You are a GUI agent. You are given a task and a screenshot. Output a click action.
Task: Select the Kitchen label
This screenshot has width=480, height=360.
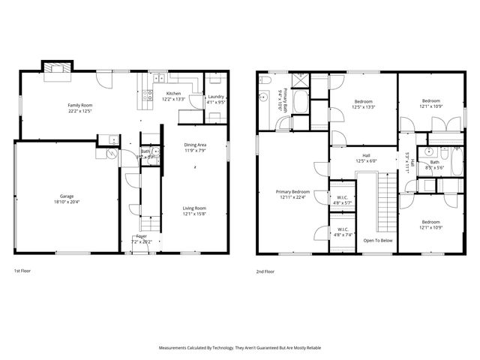(x=173, y=94)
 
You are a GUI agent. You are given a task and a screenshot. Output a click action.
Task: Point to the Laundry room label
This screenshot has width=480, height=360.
(x=217, y=96)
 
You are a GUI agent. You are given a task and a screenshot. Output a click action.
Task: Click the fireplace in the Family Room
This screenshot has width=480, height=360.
(x=57, y=70)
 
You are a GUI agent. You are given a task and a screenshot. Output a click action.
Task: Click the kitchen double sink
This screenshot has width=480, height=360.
(x=159, y=78)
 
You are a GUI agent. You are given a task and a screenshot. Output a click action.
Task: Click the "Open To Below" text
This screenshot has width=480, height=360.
(x=378, y=241)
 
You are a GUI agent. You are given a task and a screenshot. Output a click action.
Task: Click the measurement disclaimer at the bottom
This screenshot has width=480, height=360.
(x=239, y=348)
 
